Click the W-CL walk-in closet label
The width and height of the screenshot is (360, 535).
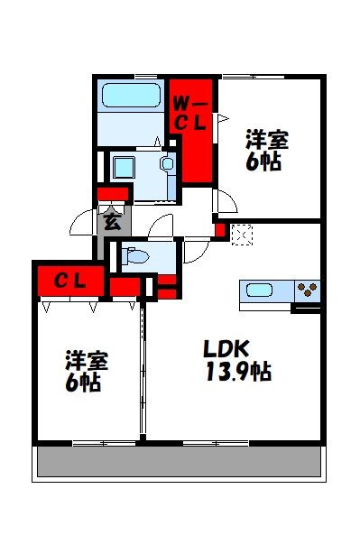[191, 115]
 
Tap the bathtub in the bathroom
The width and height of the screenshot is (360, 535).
[131, 96]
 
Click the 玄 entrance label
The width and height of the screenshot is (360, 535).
[112, 220]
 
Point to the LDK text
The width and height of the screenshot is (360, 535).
[225, 349]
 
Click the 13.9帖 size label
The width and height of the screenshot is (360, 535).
[236, 371]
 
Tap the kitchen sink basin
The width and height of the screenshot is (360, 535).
[259, 291]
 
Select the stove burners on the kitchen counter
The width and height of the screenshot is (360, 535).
[308, 291]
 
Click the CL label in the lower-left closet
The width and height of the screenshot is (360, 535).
[70, 281]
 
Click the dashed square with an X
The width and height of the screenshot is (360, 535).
[242, 235]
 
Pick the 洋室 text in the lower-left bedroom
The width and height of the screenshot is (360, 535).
[86, 361]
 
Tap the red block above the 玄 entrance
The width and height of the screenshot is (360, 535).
[113, 194]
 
